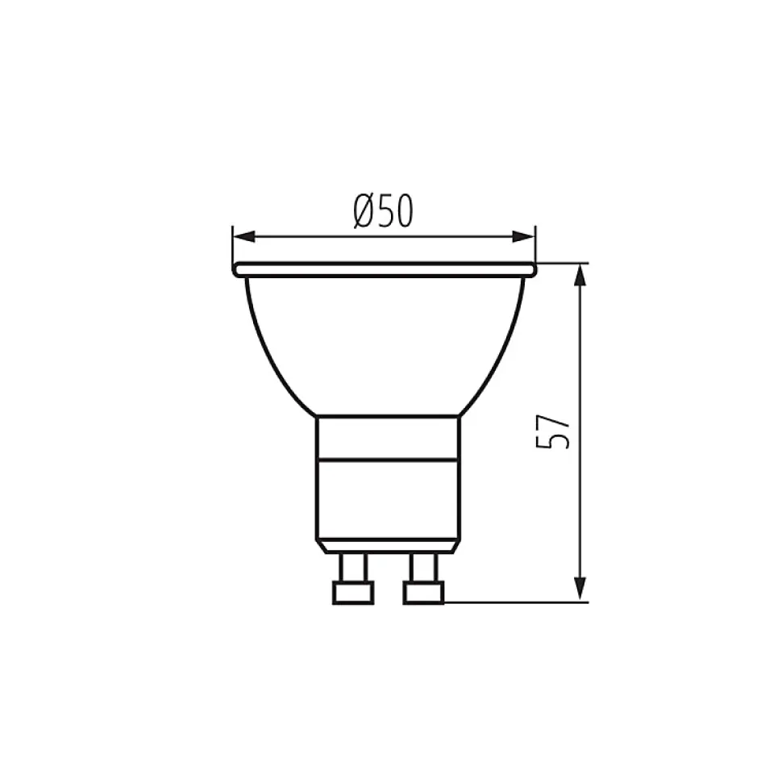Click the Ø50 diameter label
tap(384, 210)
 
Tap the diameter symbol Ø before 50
tap(365, 210)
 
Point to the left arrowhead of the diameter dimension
tap(244, 237)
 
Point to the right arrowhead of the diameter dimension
tap(523, 237)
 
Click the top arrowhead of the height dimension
tap(580, 275)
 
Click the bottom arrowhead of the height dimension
tap(580, 589)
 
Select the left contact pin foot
tap(353, 593)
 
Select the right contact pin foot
tap(423, 593)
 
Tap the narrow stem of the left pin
tap(353, 568)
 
